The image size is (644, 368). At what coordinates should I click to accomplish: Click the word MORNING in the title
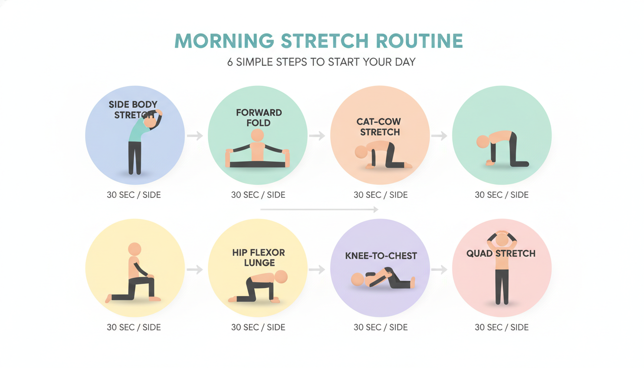click(x=224, y=41)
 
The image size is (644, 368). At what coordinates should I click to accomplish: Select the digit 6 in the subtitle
click(x=230, y=62)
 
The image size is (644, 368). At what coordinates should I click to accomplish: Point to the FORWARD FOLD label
click(x=259, y=117)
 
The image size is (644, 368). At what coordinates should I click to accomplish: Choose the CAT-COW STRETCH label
click(x=379, y=127)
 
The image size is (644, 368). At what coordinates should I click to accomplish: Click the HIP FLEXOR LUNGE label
click(x=259, y=257)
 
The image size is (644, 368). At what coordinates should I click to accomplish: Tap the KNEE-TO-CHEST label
click(x=381, y=256)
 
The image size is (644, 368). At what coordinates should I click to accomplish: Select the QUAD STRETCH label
click(x=501, y=253)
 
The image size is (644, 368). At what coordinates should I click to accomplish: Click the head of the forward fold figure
click(x=257, y=135)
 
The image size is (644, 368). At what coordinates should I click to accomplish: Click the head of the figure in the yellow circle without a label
click(x=135, y=249)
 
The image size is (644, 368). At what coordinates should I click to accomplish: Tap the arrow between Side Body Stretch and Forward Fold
click(x=195, y=136)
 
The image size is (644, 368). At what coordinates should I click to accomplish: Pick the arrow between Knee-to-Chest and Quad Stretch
click(x=439, y=270)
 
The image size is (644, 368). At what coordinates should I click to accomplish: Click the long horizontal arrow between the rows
click(x=319, y=209)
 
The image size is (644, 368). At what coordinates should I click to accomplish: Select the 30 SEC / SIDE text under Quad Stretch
click(x=502, y=328)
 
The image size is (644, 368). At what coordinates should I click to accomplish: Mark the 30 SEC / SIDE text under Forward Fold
click(x=258, y=195)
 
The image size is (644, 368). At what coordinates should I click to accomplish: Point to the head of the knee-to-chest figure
click(x=357, y=279)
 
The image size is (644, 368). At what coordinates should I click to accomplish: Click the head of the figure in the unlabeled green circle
click(x=483, y=141)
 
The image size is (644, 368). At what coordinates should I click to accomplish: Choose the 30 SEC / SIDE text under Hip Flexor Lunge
click(x=258, y=328)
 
